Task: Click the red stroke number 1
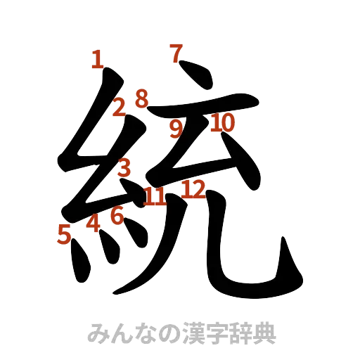click(x=98, y=59)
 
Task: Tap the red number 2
click(x=120, y=108)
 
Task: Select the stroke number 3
click(x=124, y=168)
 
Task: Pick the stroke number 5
click(x=65, y=233)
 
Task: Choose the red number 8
click(x=142, y=98)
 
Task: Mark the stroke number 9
click(x=176, y=127)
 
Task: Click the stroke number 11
click(x=154, y=197)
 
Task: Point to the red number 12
click(x=193, y=188)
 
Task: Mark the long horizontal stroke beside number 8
click(x=204, y=110)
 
